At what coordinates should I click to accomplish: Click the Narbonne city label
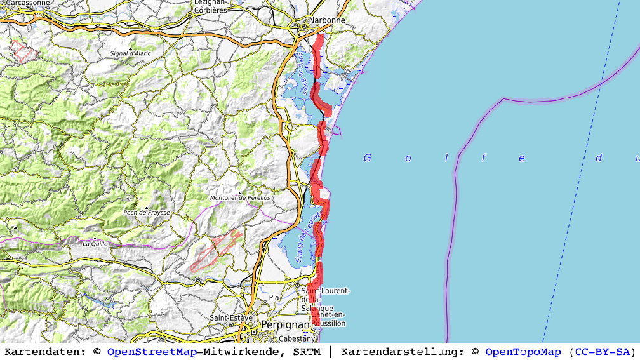click(327, 20)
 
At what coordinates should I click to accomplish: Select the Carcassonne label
click(25, 3)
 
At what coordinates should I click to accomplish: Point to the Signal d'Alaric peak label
click(131, 53)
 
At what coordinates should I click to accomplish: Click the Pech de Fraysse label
click(147, 213)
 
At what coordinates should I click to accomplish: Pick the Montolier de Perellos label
click(240, 198)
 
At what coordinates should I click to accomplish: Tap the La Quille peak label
click(95, 243)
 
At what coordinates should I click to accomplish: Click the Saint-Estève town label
click(231, 317)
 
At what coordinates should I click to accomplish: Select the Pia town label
click(274, 297)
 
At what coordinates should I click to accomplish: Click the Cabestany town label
click(297, 338)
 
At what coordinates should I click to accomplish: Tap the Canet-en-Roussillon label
click(328, 319)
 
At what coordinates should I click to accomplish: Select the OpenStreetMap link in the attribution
click(152, 352)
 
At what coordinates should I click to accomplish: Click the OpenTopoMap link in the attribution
click(523, 352)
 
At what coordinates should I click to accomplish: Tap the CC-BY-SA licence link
click(602, 352)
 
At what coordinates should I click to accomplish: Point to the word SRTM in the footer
click(307, 352)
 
